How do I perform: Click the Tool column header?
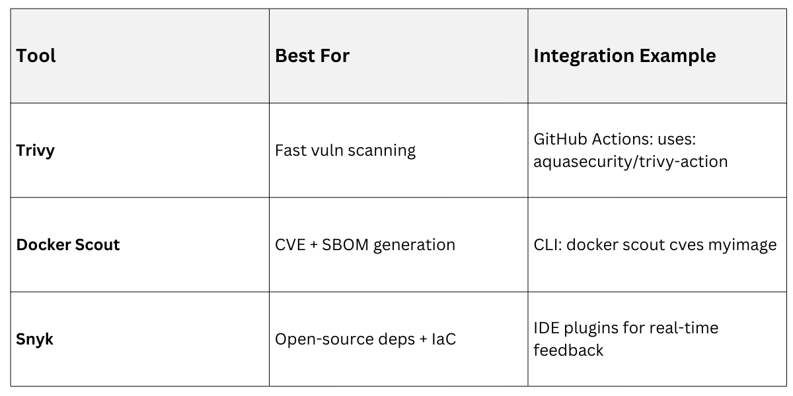coord(36,55)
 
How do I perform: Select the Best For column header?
coord(312,55)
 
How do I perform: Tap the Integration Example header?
coord(624,55)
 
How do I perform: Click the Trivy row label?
coord(36,150)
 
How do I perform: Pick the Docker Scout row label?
coord(68,244)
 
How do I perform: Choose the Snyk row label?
coord(35,339)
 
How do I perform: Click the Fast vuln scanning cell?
coord(345,150)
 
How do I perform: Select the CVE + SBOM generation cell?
coord(365,245)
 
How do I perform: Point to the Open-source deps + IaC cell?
coord(365,340)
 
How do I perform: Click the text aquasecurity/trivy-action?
coord(630,161)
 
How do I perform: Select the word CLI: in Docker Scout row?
coord(548,245)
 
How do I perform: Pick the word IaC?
coord(441,340)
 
